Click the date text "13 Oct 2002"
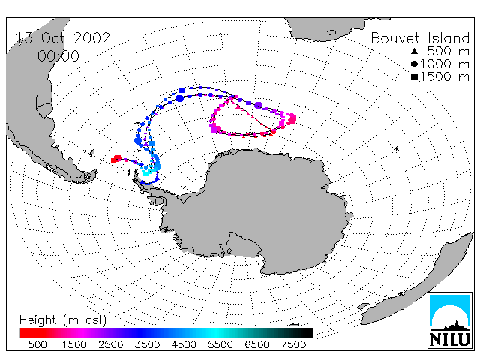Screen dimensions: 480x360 point(63,38)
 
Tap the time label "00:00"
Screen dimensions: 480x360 point(58,56)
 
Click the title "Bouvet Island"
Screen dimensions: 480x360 point(420,38)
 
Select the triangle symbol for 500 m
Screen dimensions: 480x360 point(414,51)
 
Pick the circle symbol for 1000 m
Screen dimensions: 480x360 point(414,64)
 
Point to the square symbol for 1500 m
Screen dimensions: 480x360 point(414,76)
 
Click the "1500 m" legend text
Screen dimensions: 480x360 point(445,76)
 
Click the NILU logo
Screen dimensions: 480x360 point(450,320)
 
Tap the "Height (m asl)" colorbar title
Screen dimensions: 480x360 point(63,320)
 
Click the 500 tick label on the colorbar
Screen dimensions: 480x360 point(37,344)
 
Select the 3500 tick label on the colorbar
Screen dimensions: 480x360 point(147,344)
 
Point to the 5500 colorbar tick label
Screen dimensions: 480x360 point(220,344)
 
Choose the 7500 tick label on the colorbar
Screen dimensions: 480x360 point(293,344)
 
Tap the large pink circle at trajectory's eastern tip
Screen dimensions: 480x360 point(292,118)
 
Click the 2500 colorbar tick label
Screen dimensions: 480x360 point(111,344)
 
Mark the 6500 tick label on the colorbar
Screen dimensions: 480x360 point(257,344)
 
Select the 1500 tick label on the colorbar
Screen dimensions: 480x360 point(74,344)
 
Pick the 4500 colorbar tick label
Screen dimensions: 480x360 point(184,344)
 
